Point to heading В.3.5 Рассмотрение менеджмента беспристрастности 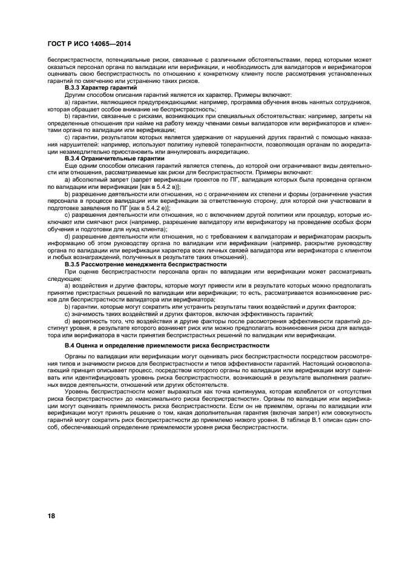(x=145, y=264)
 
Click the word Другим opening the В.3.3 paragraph (x=75, y=95)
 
